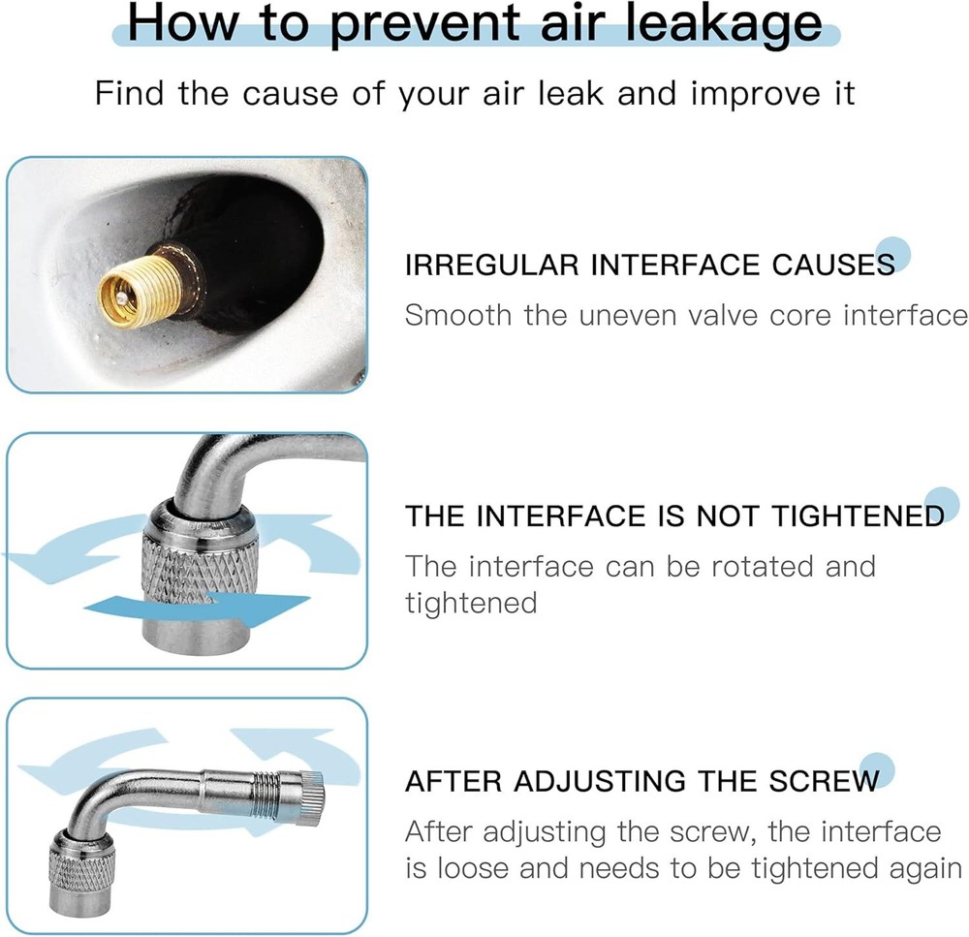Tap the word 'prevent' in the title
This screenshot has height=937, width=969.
tap(424, 26)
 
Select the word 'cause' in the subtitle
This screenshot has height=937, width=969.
tap(290, 94)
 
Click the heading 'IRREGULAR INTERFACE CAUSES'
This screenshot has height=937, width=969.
tap(649, 265)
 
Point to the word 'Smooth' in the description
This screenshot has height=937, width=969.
tap(458, 315)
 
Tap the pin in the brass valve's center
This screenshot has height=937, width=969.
tap(124, 297)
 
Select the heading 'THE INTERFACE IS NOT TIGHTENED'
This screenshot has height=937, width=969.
tap(674, 516)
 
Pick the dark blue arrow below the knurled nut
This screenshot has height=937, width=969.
tap(197, 607)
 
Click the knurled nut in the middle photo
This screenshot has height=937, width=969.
tap(201, 569)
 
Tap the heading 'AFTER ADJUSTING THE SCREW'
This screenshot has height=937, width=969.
tap(642, 781)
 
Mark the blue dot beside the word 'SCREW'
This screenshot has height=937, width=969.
tap(877, 770)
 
